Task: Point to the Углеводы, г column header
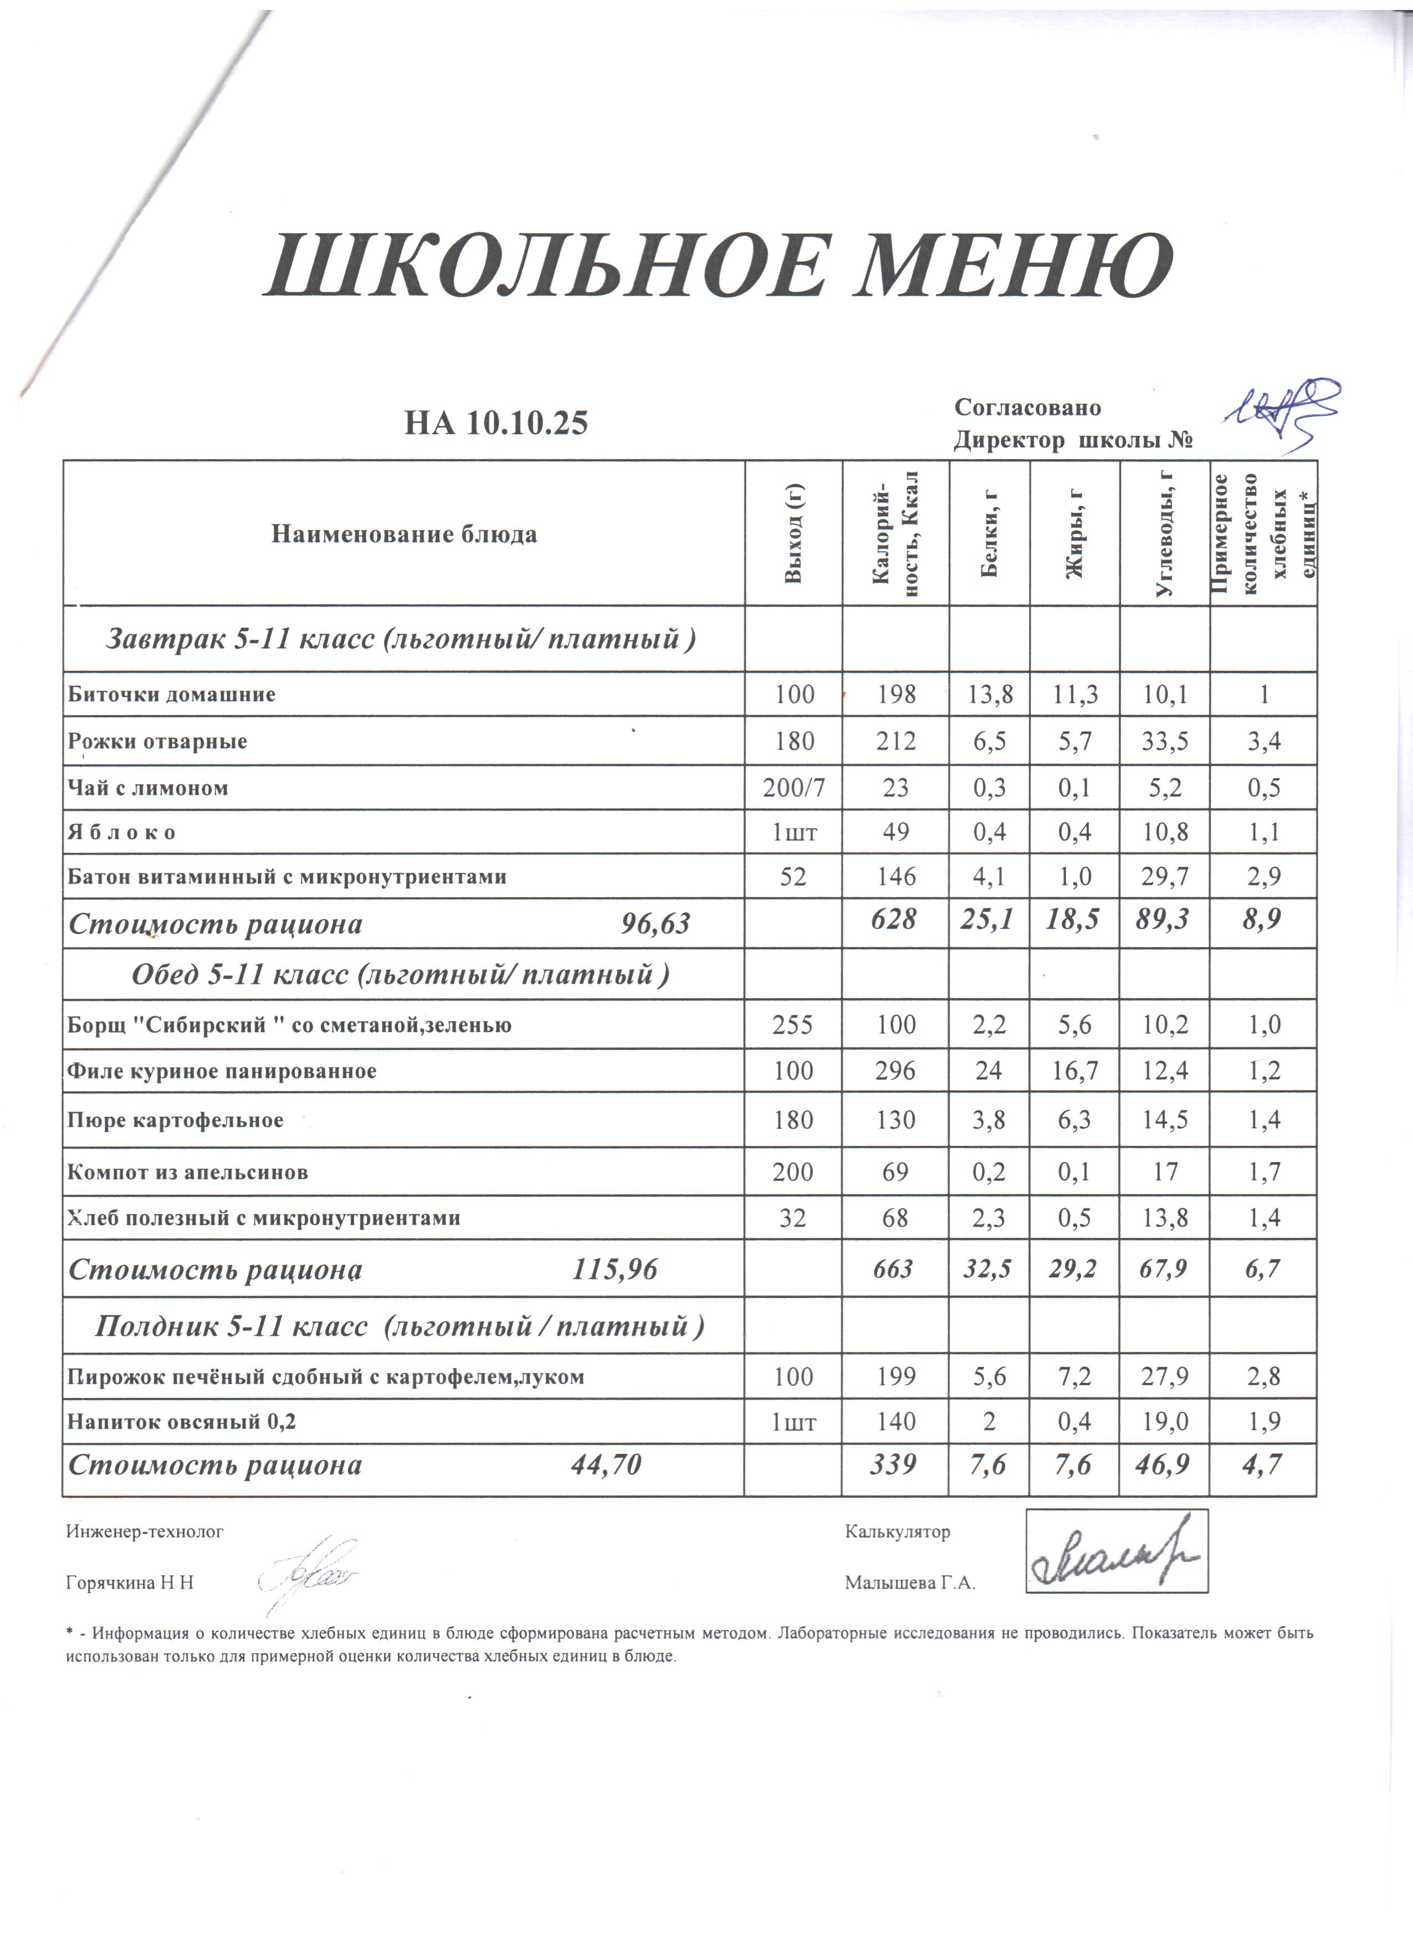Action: pyautogui.click(x=1165, y=534)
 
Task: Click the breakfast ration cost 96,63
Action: pyautogui.click(x=654, y=923)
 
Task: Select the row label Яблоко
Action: pyautogui.click(x=122, y=832)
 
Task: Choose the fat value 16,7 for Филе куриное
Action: pyautogui.click(x=1074, y=1071)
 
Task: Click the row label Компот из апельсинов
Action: pyautogui.click(x=188, y=1172)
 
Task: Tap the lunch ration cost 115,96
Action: pyautogui.click(x=615, y=1269)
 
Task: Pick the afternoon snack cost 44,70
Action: pyautogui.click(x=606, y=1465)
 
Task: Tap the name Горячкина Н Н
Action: pyautogui.click(x=130, y=1582)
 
